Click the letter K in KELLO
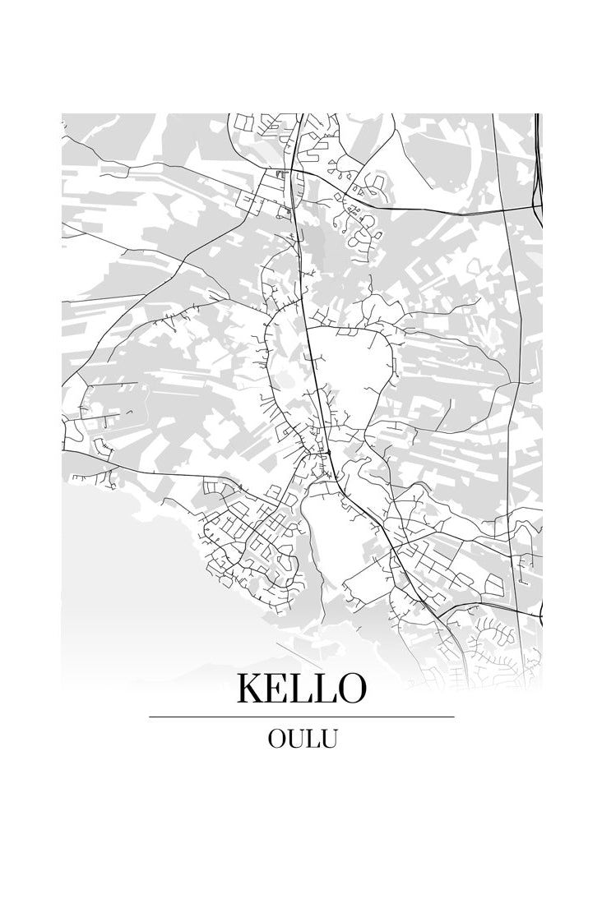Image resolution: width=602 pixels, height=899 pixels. click(x=252, y=689)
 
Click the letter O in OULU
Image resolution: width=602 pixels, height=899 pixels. click(x=276, y=739)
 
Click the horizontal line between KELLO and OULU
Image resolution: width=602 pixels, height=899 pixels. click(x=301, y=717)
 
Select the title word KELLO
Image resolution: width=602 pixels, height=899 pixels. click(x=301, y=689)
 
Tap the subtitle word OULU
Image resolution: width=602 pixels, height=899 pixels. click(x=302, y=739)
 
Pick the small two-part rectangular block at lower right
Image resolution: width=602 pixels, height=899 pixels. click(x=495, y=584)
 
